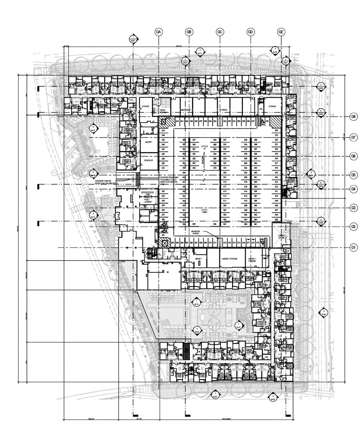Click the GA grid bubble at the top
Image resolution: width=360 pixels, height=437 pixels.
(159, 32)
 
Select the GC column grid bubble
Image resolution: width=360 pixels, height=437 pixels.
(220, 32)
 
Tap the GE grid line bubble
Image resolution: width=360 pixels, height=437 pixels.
(281, 32)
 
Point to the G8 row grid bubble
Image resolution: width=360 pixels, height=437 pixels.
(353, 117)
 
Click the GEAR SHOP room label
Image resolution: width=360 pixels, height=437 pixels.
(148, 160)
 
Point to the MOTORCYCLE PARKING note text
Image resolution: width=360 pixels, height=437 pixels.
(197, 232)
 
